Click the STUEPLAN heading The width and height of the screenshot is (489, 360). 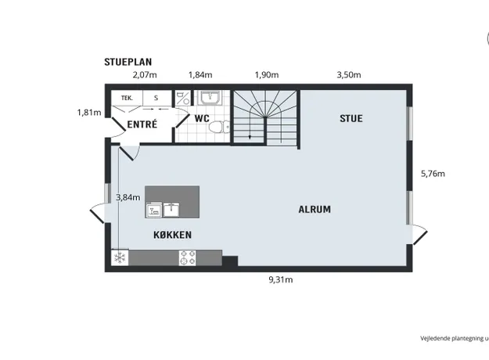tap(128, 62)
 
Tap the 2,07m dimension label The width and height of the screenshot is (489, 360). tap(145, 75)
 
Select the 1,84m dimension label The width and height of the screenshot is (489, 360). tap(200, 75)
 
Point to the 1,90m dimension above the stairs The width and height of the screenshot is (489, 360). tap(267, 75)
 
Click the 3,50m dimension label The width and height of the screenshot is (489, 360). tap(349, 75)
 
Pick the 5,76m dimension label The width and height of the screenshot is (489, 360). tap(433, 174)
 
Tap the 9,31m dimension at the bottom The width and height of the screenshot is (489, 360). tap(281, 280)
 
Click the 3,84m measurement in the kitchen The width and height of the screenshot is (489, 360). tap(128, 197)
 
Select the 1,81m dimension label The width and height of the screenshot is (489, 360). tap(89, 113)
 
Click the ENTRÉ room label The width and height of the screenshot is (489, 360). tap(142, 124)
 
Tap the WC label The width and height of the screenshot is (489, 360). tap(202, 118)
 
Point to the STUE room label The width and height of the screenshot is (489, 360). tap(351, 118)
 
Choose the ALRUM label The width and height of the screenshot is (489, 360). tap(315, 209)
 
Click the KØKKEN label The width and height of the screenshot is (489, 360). tap(172, 235)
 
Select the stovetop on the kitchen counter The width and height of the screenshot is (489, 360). tap(188, 258)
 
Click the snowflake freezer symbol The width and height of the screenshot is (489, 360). tap(120, 257)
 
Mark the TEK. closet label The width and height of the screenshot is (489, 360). tap(127, 98)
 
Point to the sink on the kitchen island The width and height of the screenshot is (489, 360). tap(171, 209)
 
